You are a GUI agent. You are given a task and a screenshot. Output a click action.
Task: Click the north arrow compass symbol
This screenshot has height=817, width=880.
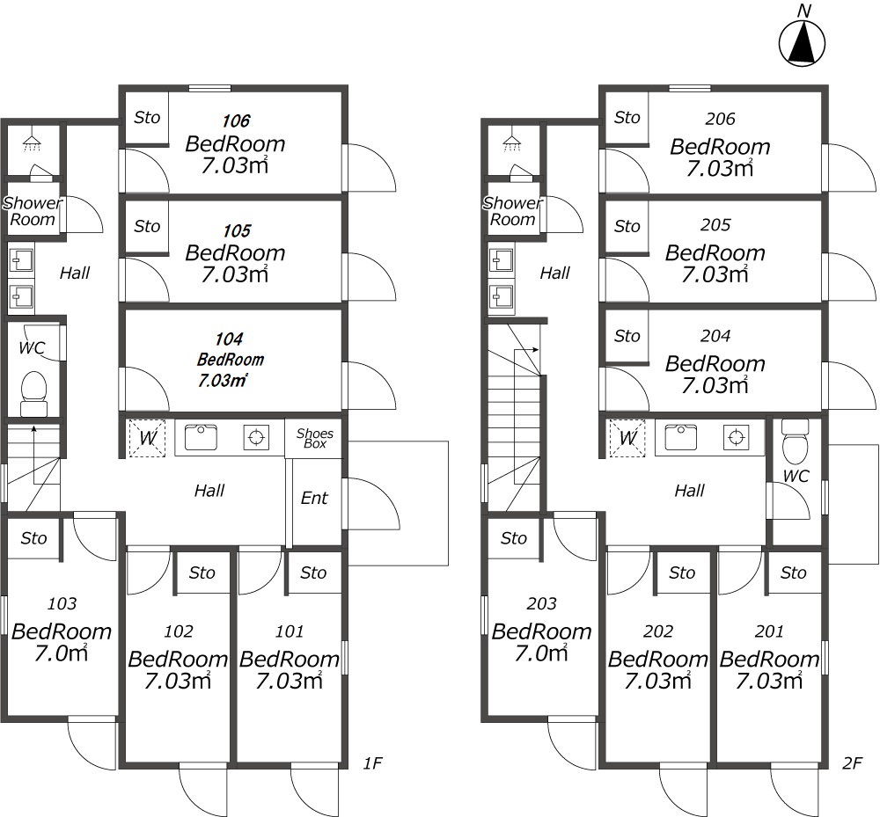click(802, 42)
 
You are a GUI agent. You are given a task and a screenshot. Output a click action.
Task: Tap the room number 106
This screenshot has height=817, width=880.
click(236, 120)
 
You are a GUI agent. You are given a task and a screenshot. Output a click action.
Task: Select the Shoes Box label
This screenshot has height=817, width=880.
click(315, 438)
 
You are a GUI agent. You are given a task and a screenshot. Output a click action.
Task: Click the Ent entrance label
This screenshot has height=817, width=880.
click(314, 498)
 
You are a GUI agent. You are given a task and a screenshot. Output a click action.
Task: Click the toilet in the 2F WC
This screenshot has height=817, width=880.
click(795, 441)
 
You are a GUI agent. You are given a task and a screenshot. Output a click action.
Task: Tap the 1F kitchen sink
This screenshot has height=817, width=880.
click(201, 437)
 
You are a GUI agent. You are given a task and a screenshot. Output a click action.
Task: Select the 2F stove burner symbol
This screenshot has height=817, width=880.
click(737, 437)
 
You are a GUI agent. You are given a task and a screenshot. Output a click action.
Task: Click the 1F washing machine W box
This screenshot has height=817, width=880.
click(148, 437)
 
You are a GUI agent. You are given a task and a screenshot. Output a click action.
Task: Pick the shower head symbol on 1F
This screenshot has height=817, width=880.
click(33, 143)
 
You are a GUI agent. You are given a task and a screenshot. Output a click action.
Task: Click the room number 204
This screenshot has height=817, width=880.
click(715, 335)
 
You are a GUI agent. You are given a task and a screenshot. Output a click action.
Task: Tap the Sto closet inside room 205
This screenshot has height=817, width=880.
click(627, 227)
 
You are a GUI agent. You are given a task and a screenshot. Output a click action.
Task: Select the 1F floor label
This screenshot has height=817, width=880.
click(372, 763)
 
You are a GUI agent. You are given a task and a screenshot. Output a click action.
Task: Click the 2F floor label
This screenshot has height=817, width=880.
click(852, 763)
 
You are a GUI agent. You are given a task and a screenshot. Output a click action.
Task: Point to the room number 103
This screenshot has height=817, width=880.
click(62, 603)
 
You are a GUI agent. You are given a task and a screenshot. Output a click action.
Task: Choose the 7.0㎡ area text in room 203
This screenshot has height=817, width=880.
click(541, 653)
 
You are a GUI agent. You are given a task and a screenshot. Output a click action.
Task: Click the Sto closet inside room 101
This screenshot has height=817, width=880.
click(313, 573)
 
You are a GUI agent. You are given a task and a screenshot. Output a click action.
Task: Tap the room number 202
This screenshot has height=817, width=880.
click(658, 631)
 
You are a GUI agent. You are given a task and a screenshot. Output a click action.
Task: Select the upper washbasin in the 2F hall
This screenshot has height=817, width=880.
click(502, 260)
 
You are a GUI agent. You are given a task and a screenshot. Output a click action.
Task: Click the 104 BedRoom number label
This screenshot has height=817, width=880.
click(229, 339)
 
